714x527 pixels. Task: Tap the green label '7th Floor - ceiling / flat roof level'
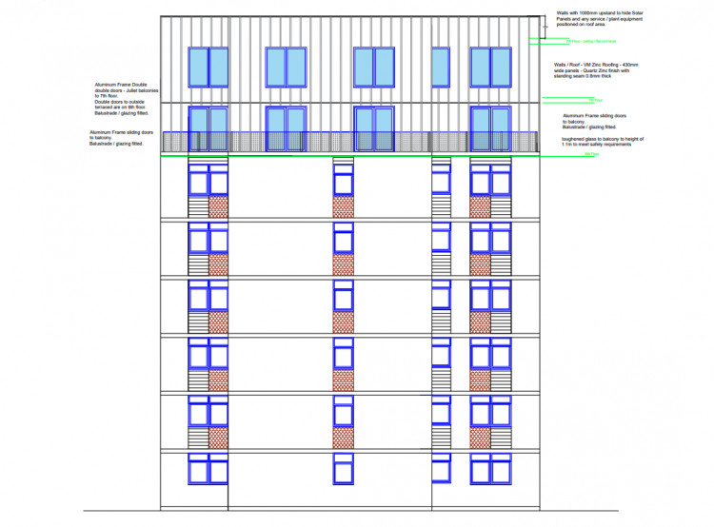coord(590,42)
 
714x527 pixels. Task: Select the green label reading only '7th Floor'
coord(597,100)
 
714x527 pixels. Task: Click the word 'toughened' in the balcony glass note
coord(573,139)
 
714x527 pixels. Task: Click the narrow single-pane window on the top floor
coord(440,67)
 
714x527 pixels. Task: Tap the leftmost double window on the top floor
coord(208,67)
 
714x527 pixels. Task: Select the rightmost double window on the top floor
coord(491,67)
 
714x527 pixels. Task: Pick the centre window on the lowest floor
coord(343,468)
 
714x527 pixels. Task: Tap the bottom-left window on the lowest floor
coord(208,468)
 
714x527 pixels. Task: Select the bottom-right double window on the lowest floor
coord(491,468)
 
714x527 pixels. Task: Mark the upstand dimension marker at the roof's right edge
coord(543,27)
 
